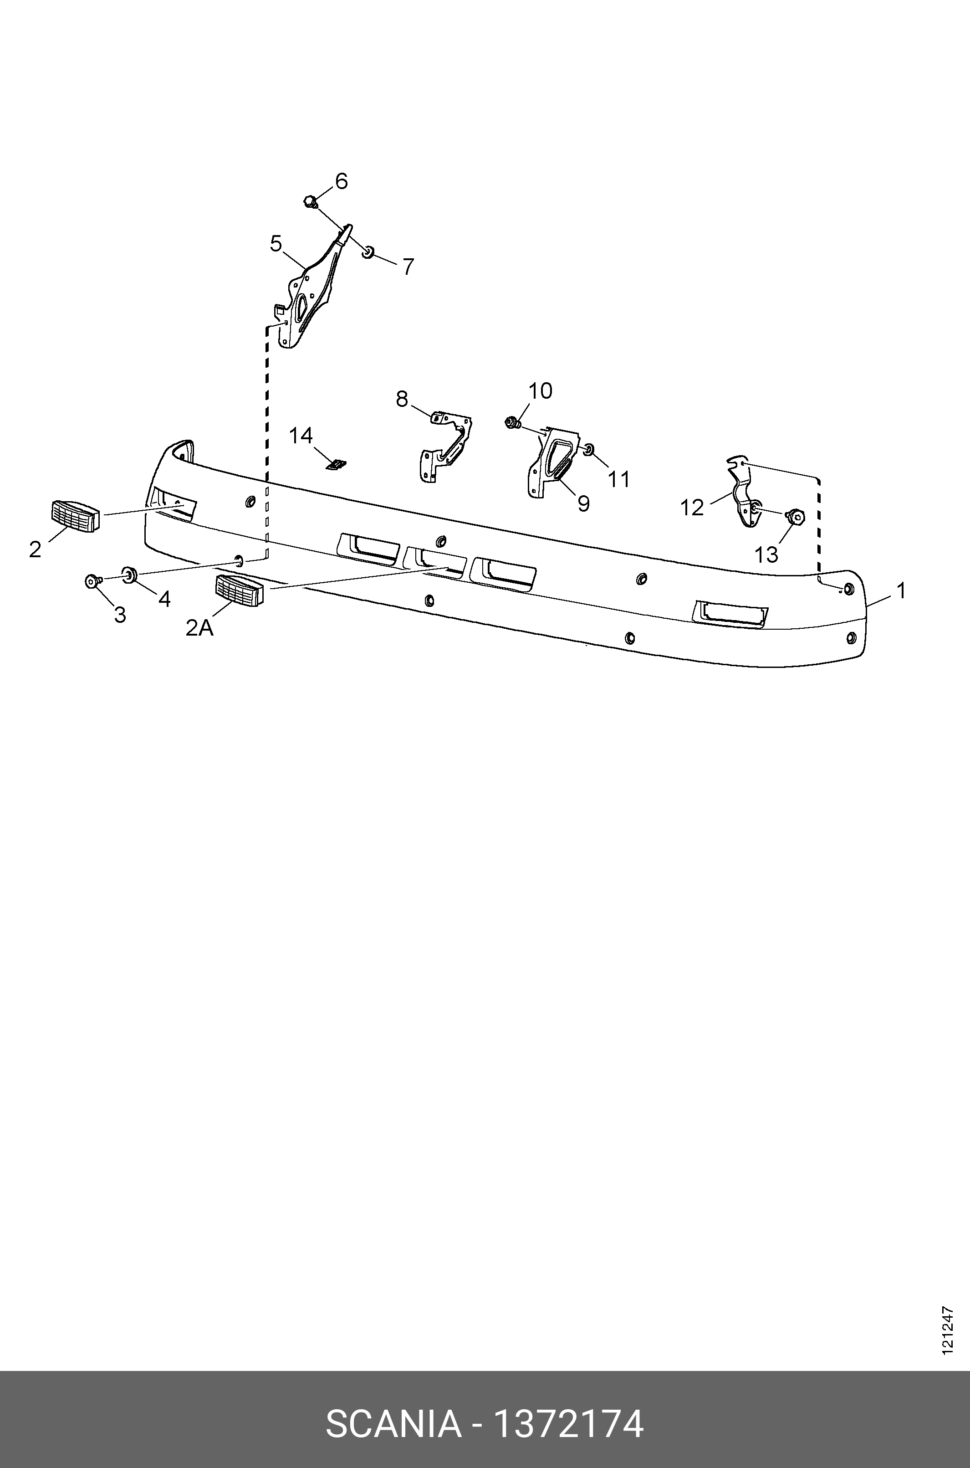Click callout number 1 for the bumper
[901, 590]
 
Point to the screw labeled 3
[92, 581]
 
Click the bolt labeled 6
[311, 201]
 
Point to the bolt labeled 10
[511, 423]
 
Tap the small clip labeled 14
[337, 464]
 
